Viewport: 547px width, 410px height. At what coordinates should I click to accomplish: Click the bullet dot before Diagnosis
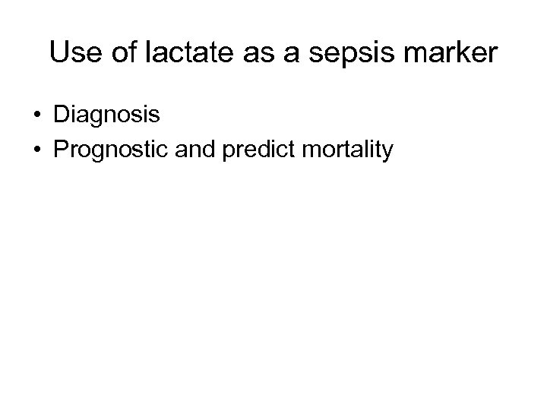tap(36, 115)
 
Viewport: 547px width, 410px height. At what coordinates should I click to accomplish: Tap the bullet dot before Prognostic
tap(36, 150)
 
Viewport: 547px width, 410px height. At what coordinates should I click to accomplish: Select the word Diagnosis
tap(106, 115)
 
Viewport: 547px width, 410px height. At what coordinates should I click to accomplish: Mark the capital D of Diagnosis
tap(62, 115)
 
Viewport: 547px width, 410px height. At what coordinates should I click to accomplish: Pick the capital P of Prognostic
tap(61, 150)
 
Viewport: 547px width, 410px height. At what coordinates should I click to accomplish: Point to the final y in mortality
tap(387, 153)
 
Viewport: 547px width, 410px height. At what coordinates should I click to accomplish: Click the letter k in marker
tap(457, 52)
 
